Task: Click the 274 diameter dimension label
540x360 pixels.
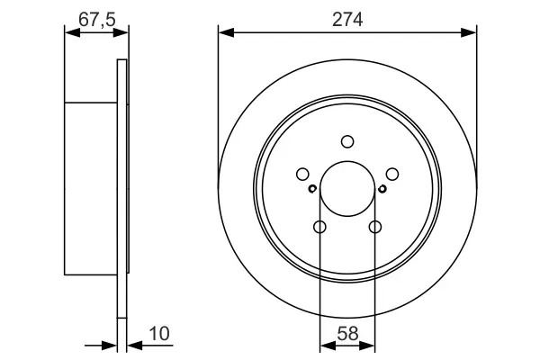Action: [347, 20]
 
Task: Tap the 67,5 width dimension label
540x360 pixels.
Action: [97, 19]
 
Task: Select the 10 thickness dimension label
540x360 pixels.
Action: [159, 334]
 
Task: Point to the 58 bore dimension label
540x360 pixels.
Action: [347, 334]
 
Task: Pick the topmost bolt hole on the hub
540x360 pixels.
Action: [347, 141]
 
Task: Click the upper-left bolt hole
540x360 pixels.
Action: [302, 174]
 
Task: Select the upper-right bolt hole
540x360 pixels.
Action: [392, 174]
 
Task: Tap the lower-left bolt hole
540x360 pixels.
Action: [319, 227]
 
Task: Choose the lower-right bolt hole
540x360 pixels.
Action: [375, 227]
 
